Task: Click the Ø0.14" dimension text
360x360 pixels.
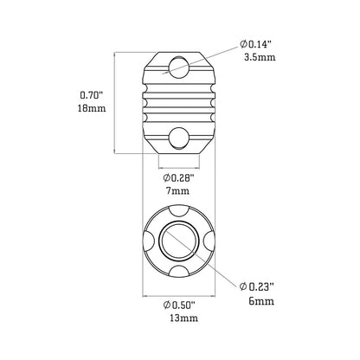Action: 256,44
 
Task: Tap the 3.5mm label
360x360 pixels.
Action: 260,57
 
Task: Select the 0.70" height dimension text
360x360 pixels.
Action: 92,95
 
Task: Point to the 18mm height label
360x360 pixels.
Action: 92,108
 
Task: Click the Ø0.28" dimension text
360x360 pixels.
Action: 177,178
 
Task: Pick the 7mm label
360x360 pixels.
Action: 177,191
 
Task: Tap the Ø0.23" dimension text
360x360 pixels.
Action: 256,286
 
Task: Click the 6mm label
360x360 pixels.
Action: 261,301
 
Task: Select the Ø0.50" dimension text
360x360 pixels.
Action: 179,305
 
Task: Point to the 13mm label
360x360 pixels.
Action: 184,318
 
